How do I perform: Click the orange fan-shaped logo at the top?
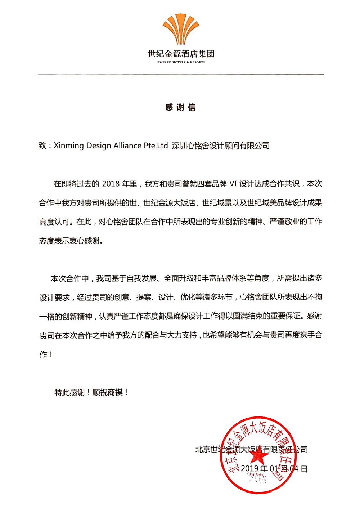pyautogui.click(x=181, y=29)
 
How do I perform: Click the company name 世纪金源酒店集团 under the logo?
pyautogui.click(x=181, y=54)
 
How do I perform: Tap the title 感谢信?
pyautogui.click(x=180, y=107)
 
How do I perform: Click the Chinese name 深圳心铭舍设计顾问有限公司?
pyautogui.click(x=221, y=146)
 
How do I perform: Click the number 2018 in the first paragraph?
pyautogui.click(x=111, y=184)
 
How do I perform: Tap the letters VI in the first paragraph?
pyautogui.click(x=233, y=184)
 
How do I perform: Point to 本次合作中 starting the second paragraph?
pyautogui.click(x=69, y=278)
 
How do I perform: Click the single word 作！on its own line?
pyautogui.click(x=46, y=355)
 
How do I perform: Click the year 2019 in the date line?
pyautogui.click(x=250, y=469)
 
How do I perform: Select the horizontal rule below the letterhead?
pyautogui.click(x=181, y=75)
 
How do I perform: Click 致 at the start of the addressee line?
pyautogui.click(x=42, y=146)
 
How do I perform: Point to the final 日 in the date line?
pyautogui.click(x=304, y=469)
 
